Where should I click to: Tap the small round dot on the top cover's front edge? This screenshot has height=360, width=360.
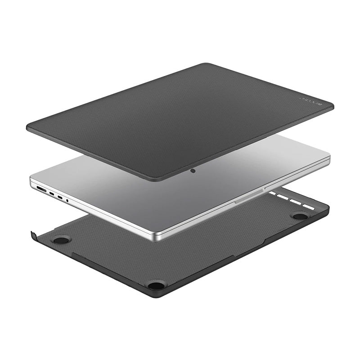click(x=193, y=171)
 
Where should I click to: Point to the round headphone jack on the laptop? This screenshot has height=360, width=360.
click(x=67, y=200)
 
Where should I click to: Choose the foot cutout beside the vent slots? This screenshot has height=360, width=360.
click(x=299, y=216)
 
